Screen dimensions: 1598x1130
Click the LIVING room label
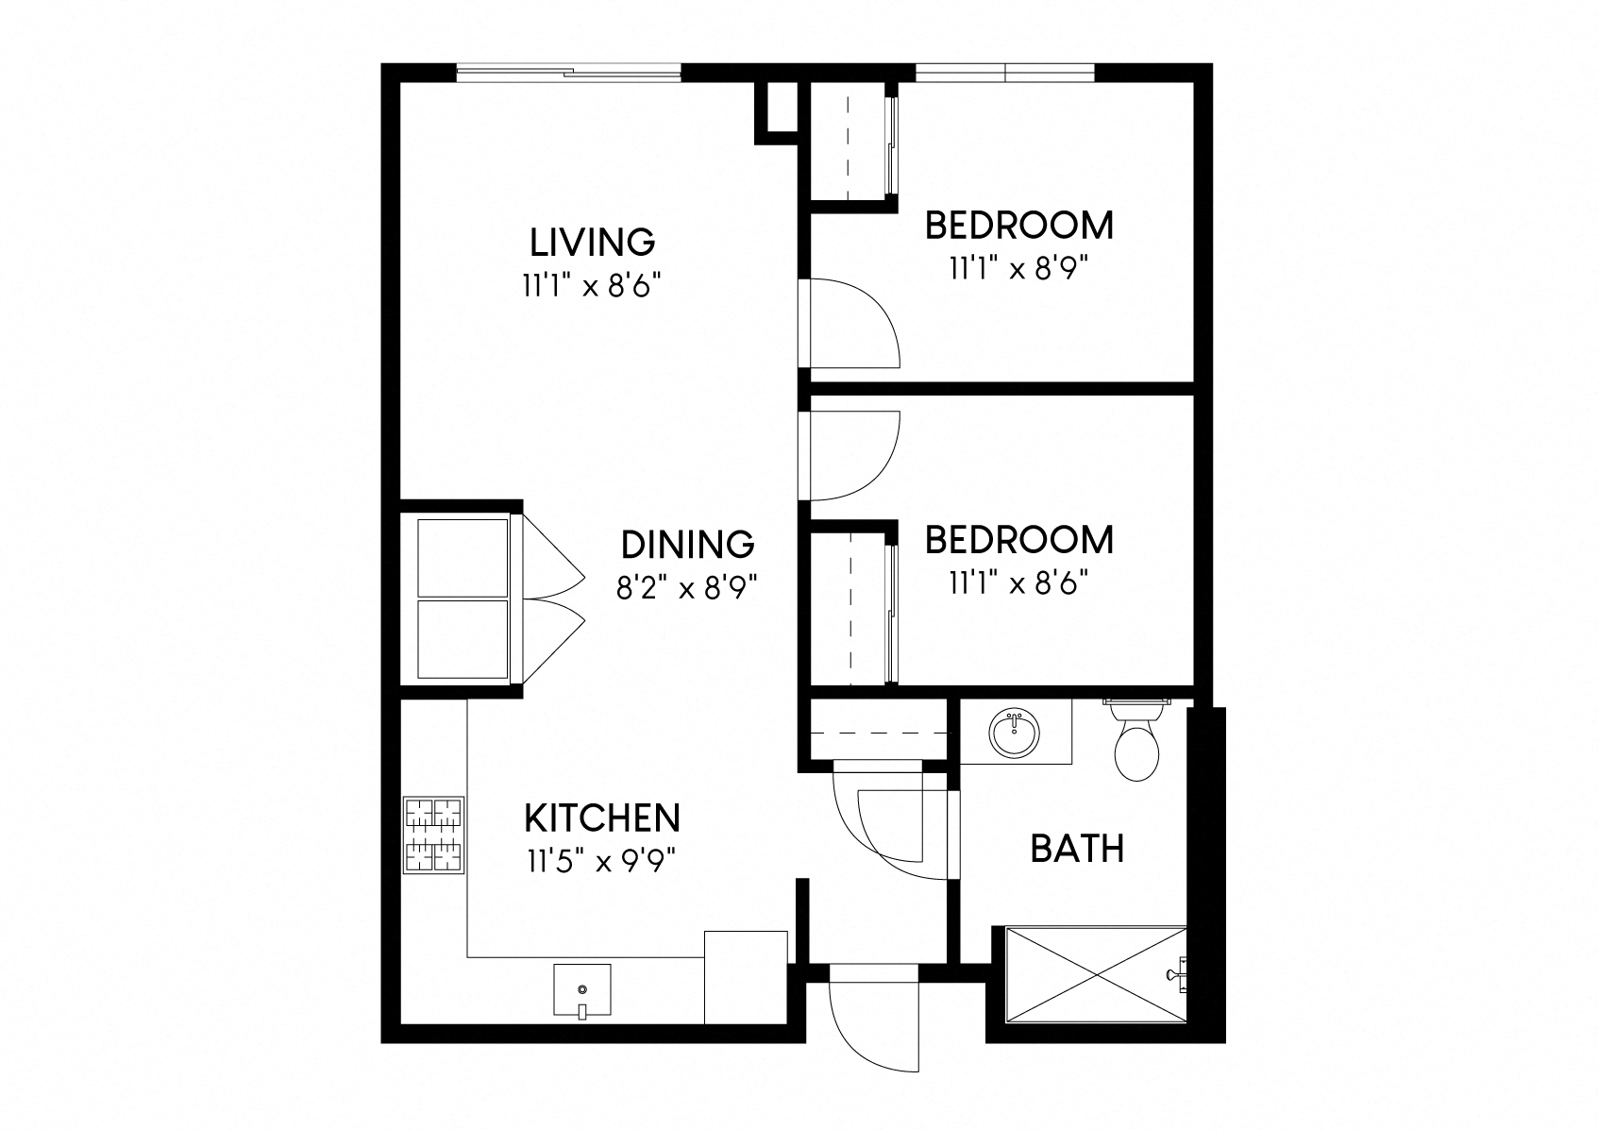point(592,243)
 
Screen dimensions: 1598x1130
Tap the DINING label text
point(688,545)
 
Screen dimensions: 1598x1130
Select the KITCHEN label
point(602,818)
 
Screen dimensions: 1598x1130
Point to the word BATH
point(1077,849)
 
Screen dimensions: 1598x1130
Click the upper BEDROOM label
point(1019,226)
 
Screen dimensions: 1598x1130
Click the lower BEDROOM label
point(1019,540)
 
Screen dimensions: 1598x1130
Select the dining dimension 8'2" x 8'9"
point(686,589)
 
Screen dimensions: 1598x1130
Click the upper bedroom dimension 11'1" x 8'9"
point(1018,269)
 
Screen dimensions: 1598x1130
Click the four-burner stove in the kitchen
point(434,835)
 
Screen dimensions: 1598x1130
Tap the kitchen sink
point(582,990)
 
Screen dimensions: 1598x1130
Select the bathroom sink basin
point(1014,733)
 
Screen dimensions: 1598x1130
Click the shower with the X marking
point(1096,974)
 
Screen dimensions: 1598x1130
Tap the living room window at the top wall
point(568,72)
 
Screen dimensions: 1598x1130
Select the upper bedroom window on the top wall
point(1004,72)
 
